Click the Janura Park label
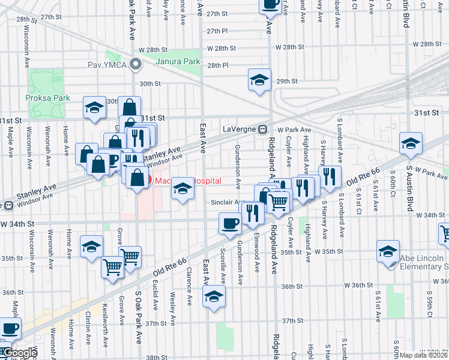[178, 61]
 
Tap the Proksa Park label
[52, 98]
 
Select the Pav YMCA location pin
[136, 64]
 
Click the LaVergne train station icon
[262, 130]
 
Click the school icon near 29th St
[259, 80]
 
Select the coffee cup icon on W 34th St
[230, 223]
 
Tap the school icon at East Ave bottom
[214, 296]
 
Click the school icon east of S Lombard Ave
[411, 143]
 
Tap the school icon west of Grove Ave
[91, 246]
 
